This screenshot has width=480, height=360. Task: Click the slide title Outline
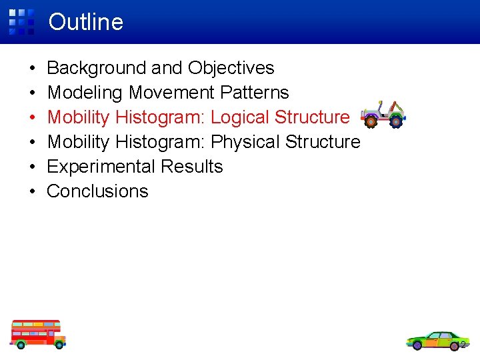coord(85,22)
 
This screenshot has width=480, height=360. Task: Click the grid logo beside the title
coord(21,21)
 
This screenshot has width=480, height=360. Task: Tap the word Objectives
coord(231,68)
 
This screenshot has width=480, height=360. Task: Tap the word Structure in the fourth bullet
coord(323,142)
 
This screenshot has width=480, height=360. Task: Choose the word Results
coord(195,167)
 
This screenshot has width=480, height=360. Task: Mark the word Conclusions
coord(97,191)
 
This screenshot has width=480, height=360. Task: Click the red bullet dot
coord(33,118)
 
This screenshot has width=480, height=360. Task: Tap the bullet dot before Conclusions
coord(33,192)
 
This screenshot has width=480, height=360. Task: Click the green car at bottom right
coord(437,340)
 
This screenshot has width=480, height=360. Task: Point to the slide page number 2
coord(463,345)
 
